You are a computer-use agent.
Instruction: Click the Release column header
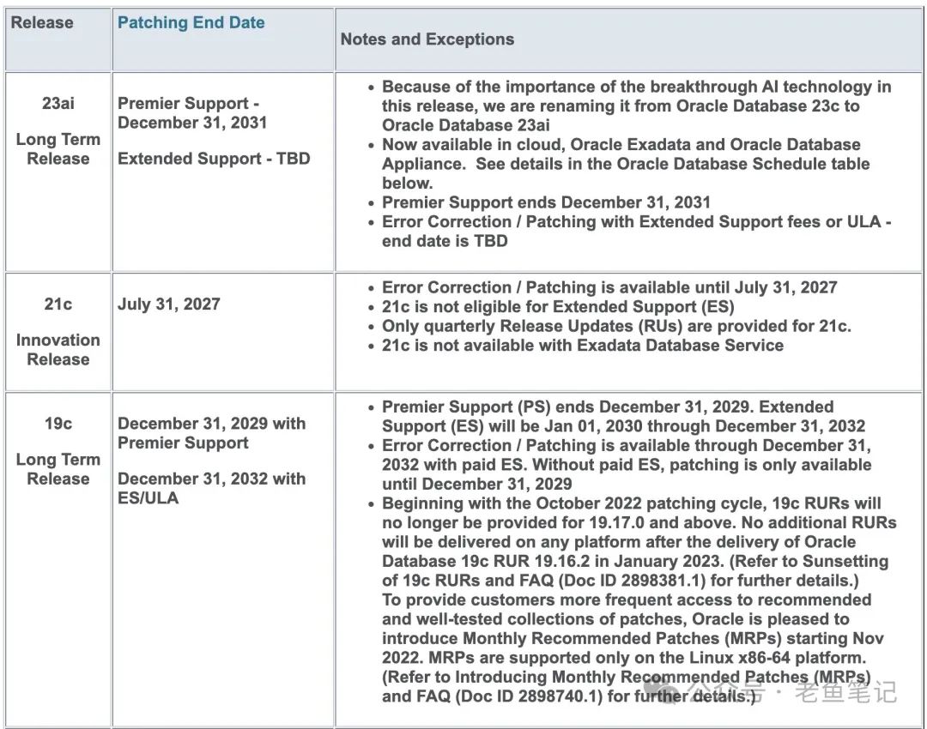pos(41,23)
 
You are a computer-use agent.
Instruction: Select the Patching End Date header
pos(191,23)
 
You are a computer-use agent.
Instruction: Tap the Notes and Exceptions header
pos(427,39)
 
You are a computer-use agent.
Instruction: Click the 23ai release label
pos(58,103)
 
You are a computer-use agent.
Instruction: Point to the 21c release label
pos(58,304)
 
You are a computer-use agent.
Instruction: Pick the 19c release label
pos(58,423)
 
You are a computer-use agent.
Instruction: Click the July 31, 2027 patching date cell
pos(169,304)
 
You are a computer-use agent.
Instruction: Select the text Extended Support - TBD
pos(214,159)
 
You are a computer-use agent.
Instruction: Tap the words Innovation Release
pos(58,350)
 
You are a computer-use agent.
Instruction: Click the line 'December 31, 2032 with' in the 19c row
pos(211,479)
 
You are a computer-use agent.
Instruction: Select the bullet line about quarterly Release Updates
pos(616,326)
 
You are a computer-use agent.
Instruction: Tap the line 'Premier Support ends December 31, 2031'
pos(546,202)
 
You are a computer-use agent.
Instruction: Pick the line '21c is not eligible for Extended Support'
pos(558,306)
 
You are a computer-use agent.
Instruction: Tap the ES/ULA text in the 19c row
pos(148,498)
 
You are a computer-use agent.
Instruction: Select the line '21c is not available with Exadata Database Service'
pos(582,345)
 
